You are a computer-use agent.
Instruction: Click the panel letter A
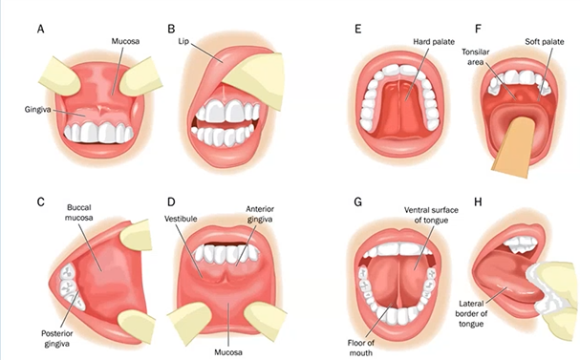39,29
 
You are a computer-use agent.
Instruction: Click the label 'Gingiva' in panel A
37,111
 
